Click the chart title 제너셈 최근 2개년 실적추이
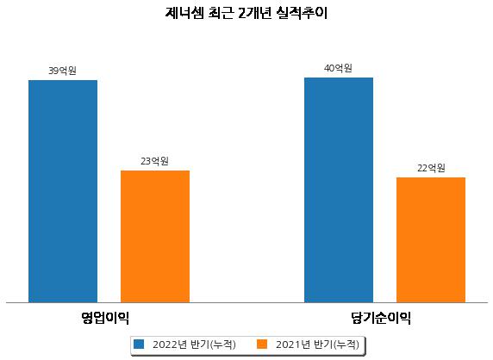(246, 13)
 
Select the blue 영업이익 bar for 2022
(63, 191)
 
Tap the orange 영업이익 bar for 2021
(155, 237)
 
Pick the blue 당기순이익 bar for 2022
(339, 190)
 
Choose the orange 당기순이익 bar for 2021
(431, 240)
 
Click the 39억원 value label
(62, 71)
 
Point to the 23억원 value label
(154, 161)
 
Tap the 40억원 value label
(338, 68)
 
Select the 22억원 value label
(431, 168)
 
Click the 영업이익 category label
(105, 318)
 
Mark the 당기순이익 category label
(381, 318)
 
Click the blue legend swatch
(139, 344)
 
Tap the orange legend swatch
(262, 344)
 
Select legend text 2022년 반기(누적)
(194, 344)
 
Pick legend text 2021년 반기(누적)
(317, 344)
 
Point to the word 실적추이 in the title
(303, 13)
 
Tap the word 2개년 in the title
(254, 13)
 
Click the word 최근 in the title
(221, 13)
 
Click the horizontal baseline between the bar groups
(246, 303)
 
